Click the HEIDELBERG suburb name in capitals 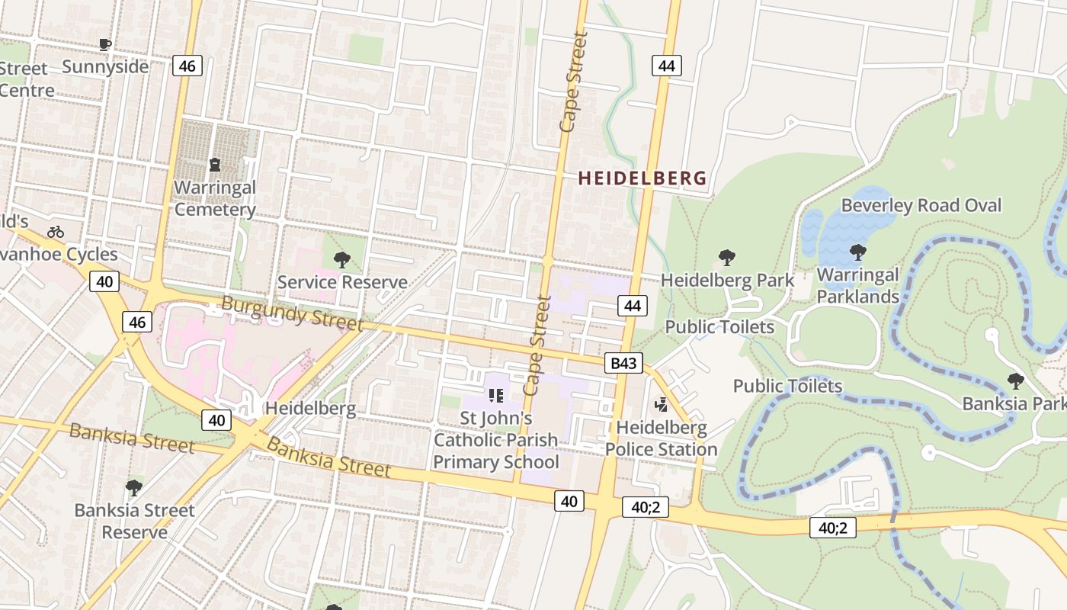pyautogui.click(x=642, y=178)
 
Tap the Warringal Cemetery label pyautogui.click(x=215, y=198)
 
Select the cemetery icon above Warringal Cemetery pyautogui.click(x=215, y=164)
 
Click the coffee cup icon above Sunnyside pyautogui.click(x=105, y=44)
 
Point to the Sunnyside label pyautogui.click(x=105, y=66)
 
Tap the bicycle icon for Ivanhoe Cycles pyautogui.click(x=56, y=232)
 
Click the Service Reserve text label pyautogui.click(x=342, y=282)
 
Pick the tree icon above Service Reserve pyautogui.click(x=342, y=260)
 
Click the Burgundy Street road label pyautogui.click(x=292, y=313)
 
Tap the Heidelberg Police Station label pyautogui.click(x=662, y=438)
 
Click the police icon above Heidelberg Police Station pyautogui.click(x=662, y=404)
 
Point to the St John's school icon pyautogui.click(x=496, y=395)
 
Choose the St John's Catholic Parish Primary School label pyautogui.click(x=496, y=440)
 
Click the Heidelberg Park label pyautogui.click(x=727, y=280)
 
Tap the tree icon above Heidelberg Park pyautogui.click(x=727, y=258)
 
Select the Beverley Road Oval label pyautogui.click(x=921, y=205)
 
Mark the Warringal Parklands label pyautogui.click(x=858, y=285)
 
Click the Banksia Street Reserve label pyautogui.click(x=134, y=521)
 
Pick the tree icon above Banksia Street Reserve pyautogui.click(x=134, y=487)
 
